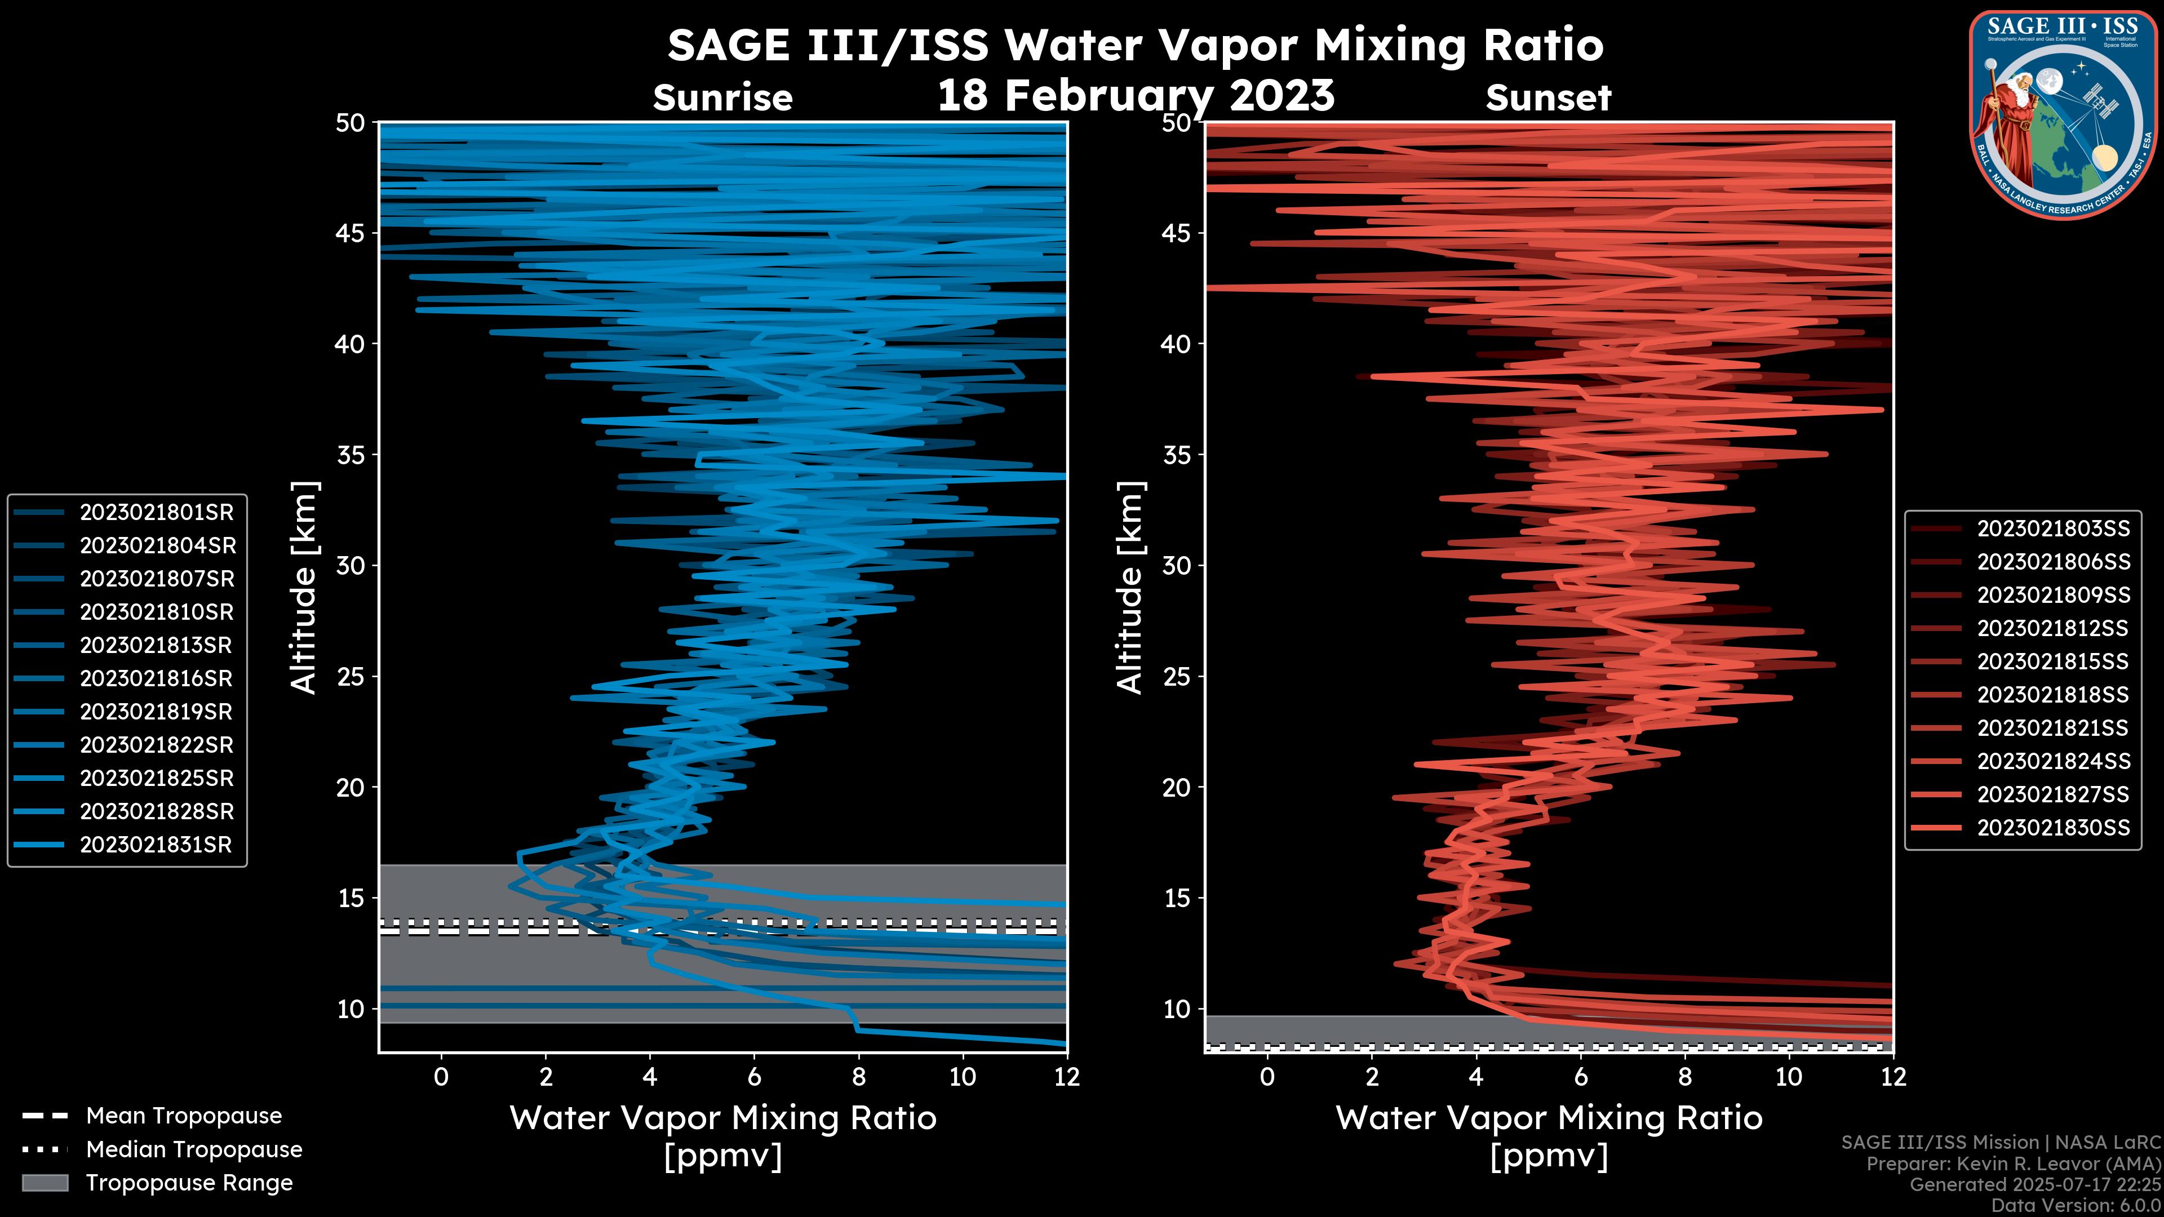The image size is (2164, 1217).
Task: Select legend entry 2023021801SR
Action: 156,512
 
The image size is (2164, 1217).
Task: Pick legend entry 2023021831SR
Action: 156,845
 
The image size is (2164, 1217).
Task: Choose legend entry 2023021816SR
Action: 156,678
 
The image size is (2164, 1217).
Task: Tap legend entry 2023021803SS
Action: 2053,529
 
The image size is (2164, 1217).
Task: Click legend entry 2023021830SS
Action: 2053,828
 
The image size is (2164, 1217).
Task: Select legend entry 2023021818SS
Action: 2053,695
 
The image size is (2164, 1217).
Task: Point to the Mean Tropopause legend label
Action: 184,1116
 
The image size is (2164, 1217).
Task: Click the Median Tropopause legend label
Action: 194,1150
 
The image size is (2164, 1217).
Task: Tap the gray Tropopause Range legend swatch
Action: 45,1183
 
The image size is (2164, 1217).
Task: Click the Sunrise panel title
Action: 722,98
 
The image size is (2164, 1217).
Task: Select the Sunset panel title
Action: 1548,98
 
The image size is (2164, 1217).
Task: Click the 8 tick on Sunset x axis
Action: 1684,1077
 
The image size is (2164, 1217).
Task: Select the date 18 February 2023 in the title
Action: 1136,95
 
